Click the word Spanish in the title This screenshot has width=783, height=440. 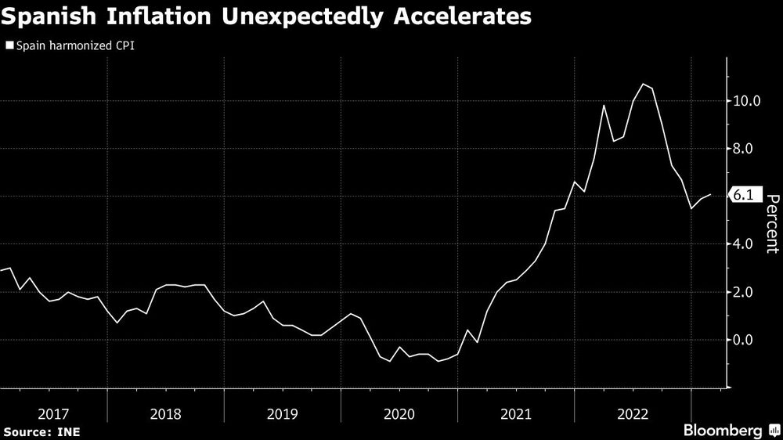54,17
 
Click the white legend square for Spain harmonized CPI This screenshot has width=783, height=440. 9,46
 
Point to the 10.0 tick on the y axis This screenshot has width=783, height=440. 749,101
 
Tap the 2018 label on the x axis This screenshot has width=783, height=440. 165,413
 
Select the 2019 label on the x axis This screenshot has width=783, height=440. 282,413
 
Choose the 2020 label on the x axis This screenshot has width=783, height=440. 399,413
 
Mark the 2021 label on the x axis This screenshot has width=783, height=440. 515,413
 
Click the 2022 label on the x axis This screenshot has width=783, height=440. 632,413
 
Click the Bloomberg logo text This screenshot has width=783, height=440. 724,431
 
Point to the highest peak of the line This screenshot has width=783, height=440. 643,84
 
